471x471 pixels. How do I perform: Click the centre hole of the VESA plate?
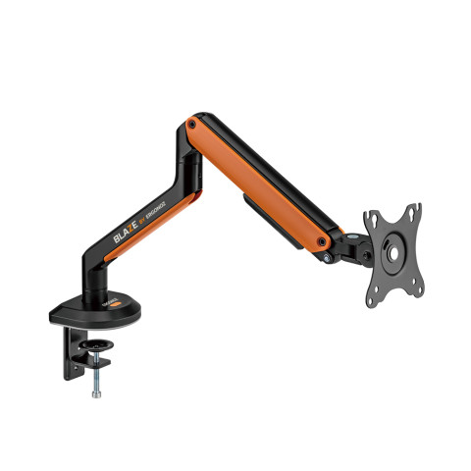click(392, 250)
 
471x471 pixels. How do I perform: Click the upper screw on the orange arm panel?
click(191, 125)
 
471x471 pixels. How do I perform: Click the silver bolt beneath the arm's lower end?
click(325, 257)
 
